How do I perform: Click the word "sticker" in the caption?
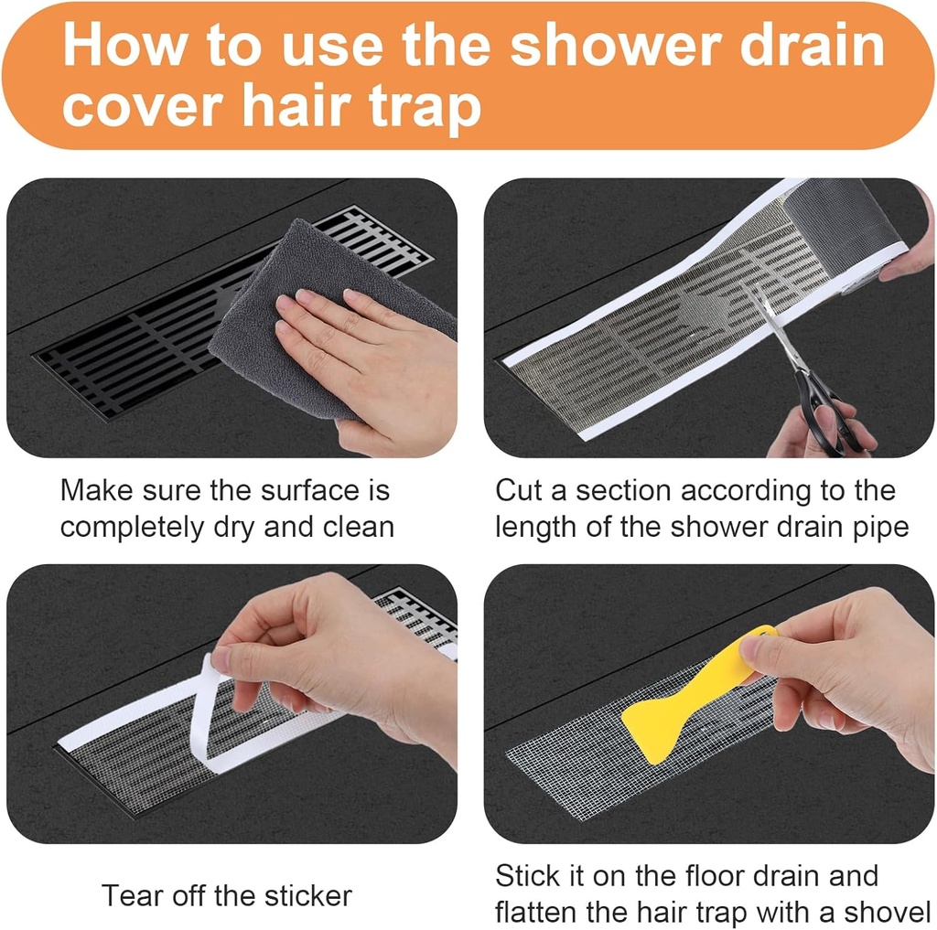[306, 895]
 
